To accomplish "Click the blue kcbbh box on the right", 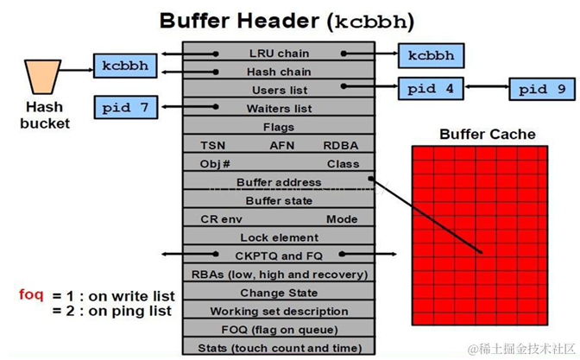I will [432, 54].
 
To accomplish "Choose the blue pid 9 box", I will [541, 88].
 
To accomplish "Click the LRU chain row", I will [279, 54].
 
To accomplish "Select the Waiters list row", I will [279, 109].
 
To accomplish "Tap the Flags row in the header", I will [279, 127].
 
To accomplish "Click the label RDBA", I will [341, 145].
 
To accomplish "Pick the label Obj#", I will [215, 164].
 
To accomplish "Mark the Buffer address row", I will [279, 182].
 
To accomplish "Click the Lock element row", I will [279, 237].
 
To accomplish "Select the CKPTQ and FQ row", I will [279, 256].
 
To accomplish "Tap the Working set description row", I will [279, 311].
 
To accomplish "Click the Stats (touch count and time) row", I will [279, 348].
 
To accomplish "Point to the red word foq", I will [32, 294].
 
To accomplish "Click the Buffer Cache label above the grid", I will [487, 135].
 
